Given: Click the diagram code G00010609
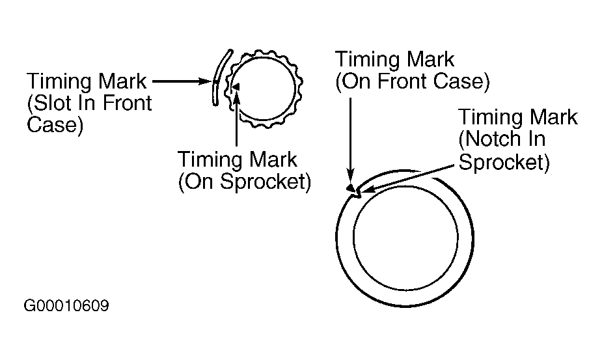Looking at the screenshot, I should tap(66, 305).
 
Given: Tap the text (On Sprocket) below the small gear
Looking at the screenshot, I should tap(243, 181).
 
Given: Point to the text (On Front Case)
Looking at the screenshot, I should tap(411, 81).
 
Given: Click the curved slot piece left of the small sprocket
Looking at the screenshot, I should tap(217, 77).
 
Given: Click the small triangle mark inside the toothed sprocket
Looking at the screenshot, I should tap(236, 86).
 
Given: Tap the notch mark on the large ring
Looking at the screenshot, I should tap(354, 190).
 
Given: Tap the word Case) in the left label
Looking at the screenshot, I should tap(55, 124).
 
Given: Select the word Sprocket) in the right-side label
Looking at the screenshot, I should tap(504, 160).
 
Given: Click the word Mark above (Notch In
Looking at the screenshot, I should tap(545, 117).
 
